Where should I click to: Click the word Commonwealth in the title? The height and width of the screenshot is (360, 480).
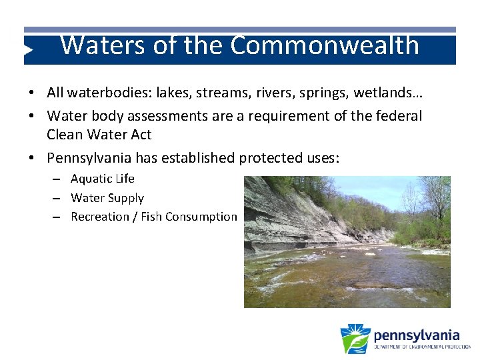pyautogui.click(x=325, y=45)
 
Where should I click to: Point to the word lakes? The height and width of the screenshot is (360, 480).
pyautogui.click(x=178, y=93)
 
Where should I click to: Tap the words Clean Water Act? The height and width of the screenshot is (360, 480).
pyautogui.click(x=99, y=135)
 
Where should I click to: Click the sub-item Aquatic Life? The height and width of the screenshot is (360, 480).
pyautogui.click(x=103, y=179)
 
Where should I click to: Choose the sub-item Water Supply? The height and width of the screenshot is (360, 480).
pyautogui.click(x=107, y=198)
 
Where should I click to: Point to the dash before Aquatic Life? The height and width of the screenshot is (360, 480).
pyautogui.click(x=58, y=179)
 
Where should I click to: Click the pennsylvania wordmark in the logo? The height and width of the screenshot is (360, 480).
pyautogui.click(x=416, y=335)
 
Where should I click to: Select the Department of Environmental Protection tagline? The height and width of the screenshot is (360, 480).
pyautogui.click(x=421, y=347)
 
